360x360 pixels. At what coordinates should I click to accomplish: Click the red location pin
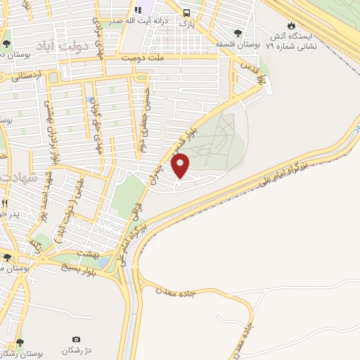[181, 167]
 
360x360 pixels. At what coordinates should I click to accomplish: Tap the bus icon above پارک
[187, 13]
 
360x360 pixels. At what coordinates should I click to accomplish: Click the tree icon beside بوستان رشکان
[19, 342]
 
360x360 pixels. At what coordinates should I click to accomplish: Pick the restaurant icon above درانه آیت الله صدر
[139, 11]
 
